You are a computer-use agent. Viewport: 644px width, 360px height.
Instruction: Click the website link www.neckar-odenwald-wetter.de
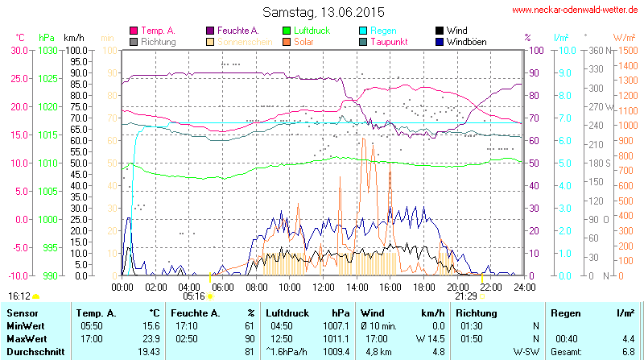[576, 10]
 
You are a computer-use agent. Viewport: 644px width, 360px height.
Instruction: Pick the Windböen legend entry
[466, 41]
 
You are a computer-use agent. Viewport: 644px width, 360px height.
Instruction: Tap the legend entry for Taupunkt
[389, 41]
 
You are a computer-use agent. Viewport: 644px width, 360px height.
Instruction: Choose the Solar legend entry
[303, 41]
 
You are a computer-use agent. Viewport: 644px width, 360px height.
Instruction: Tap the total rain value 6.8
[628, 352]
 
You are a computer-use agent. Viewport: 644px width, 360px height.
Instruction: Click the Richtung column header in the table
[476, 312]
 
